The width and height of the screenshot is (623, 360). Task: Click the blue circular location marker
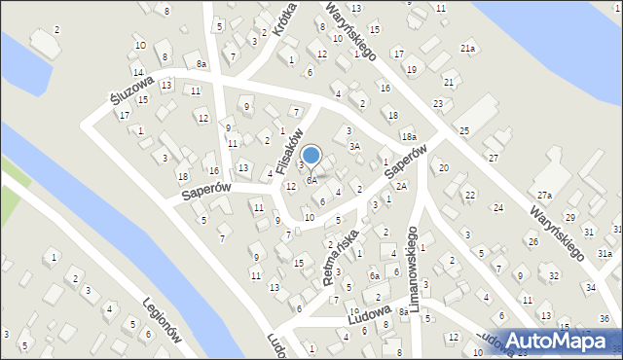point(311,155)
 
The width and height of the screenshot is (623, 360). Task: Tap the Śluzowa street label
point(128,90)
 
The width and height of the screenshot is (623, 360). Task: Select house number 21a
point(468,48)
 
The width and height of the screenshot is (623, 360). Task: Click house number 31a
point(605,253)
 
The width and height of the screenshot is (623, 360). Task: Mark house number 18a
point(409,137)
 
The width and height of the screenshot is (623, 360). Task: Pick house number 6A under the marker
point(311,180)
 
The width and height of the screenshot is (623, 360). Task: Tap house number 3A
point(355,146)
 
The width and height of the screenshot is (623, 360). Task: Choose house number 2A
point(400,185)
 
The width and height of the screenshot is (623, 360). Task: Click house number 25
point(464,130)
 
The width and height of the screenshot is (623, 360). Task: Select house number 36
point(604,319)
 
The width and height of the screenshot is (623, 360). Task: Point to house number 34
point(591,287)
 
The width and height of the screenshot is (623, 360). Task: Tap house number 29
point(569,216)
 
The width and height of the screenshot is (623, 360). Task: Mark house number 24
point(497,207)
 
